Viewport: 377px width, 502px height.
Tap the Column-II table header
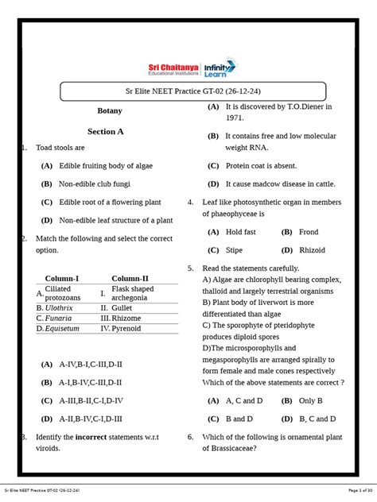130,279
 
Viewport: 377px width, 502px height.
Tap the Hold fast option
241,232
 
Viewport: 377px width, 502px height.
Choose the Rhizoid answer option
311,249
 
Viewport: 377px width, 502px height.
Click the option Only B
312,400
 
